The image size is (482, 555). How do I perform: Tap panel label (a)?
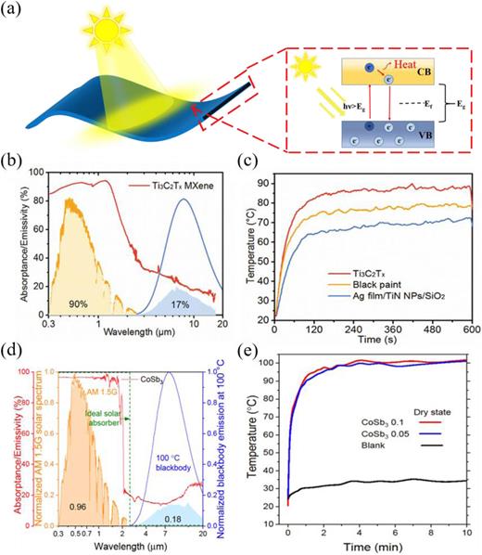point(20,11)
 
